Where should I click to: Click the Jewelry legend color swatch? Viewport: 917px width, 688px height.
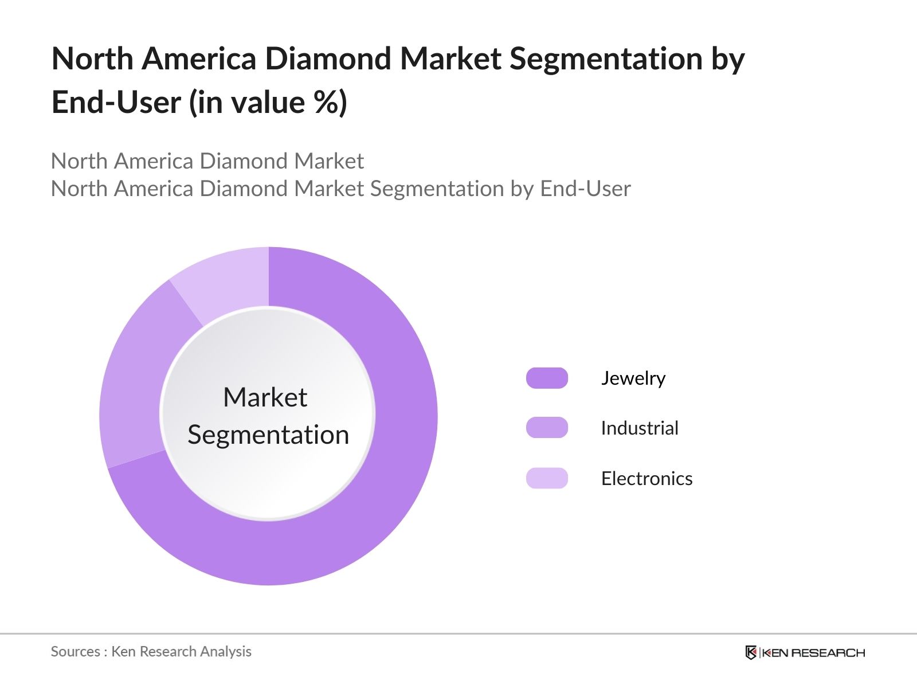[x=547, y=378]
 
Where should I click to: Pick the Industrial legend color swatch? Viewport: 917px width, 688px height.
[x=547, y=428]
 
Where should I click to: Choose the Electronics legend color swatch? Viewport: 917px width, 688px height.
[x=547, y=478]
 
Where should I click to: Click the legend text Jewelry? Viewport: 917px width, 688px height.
[x=633, y=378]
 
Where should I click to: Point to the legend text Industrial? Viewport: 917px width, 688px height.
[x=639, y=428]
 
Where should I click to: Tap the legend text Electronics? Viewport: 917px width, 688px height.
[x=646, y=478]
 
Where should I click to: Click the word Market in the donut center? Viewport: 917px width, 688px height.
[x=265, y=397]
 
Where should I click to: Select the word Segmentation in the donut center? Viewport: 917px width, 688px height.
[x=268, y=435]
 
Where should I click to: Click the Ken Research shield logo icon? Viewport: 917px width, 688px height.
[x=751, y=652]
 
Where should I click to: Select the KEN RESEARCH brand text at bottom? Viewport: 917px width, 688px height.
[x=813, y=652]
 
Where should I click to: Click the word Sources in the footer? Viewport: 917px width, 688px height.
[x=75, y=651]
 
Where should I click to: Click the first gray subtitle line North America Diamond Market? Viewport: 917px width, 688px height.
[x=207, y=161]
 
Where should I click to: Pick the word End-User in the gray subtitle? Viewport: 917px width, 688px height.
[x=585, y=189]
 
